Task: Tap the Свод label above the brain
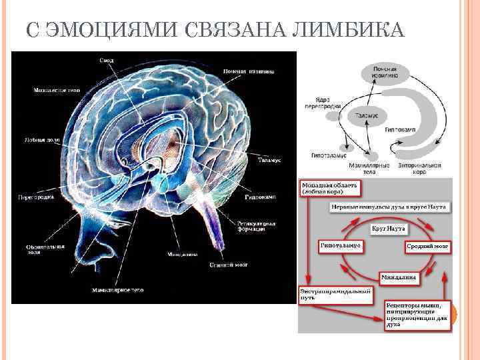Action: pos(107,61)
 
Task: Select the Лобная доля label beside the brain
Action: pos(39,141)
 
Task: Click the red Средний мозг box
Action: pos(427,246)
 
